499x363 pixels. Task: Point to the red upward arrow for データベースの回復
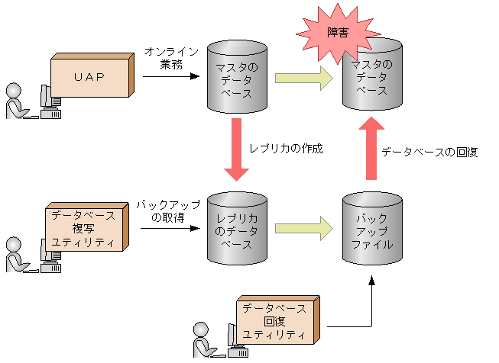[x=371, y=149]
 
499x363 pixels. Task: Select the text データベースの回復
[x=429, y=152]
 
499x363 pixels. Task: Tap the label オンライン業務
[x=171, y=58]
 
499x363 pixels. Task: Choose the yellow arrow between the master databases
[x=303, y=77]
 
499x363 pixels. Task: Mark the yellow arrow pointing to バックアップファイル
[x=303, y=227]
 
